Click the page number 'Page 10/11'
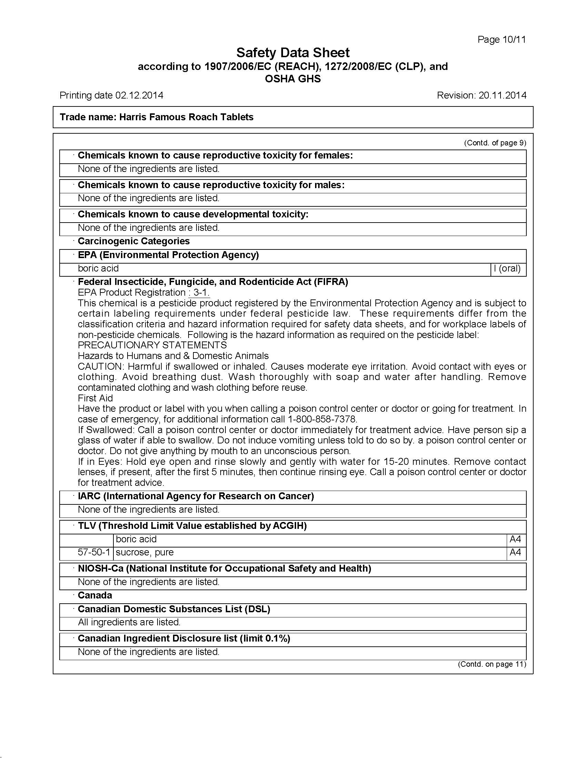coord(501,40)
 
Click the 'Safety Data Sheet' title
coord(293,53)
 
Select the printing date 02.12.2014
coord(139,95)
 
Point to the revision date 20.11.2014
coord(502,95)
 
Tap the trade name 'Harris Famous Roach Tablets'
coord(186,117)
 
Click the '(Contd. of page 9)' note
coord(495,143)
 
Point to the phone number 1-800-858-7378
coord(322,419)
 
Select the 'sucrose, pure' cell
coord(144,552)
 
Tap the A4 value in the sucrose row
coord(515,552)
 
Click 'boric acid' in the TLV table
coord(136,539)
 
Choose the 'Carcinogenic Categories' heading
coord(134,241)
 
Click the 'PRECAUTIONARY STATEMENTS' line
coord(152,345)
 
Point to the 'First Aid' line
coord(95,398)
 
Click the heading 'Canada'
coord(95,595)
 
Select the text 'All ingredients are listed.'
coord(129,622)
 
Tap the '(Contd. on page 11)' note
coord(492,664)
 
